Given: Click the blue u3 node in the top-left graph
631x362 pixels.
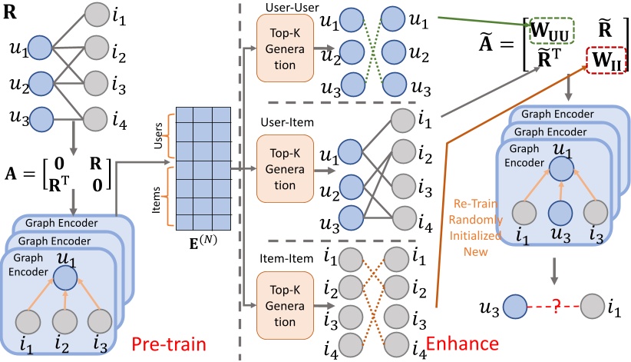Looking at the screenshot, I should (x=40, y=118).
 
